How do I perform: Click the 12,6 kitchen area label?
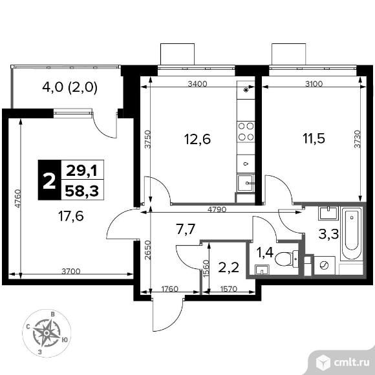coord(198,139)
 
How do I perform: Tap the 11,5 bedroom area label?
coord(314,138)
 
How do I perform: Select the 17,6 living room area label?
coord(71,216)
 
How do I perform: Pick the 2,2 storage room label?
coord(229,268)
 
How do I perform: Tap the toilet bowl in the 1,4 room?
coord(286,258)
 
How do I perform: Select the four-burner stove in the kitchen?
coord(246,131)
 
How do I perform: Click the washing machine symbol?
coord(325,265)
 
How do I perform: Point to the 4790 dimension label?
coord(217,209)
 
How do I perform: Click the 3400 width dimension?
coord(197,84)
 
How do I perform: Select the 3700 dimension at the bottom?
coord(71,272)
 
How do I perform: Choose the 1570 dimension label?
coord(228,289)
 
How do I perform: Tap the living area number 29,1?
coord(81,171)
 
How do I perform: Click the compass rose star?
coord(47,333)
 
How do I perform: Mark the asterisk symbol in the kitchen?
coord(246,90)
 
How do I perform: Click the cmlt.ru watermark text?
coord(351,363)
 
